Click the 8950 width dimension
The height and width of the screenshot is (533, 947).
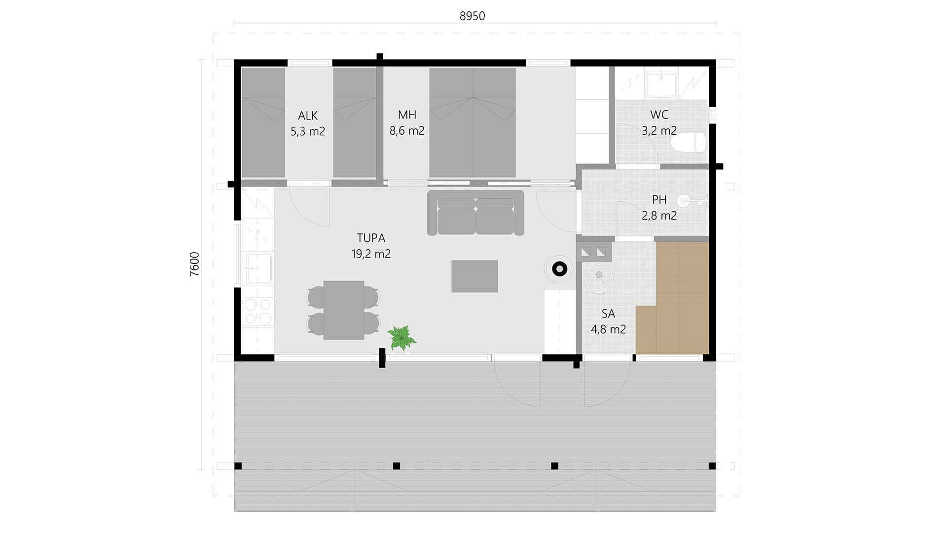[472, 16]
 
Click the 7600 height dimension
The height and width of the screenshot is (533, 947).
[194, 264]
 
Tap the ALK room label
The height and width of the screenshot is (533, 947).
[308, 115]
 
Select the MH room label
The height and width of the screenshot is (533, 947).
[407, 114]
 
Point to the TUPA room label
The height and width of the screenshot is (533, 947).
[371, 238]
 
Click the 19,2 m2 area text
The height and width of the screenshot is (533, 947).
[371, 254]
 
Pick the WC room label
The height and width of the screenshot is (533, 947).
[659, 114]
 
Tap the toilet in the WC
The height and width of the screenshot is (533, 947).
[689, 142]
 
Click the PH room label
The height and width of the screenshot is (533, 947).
[659, 199]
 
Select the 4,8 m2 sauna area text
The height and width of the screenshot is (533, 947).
[608, 329]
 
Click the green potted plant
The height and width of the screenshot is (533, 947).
[401, 338]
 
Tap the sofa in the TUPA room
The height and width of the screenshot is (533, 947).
[475, 213]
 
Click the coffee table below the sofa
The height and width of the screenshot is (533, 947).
[474, 276]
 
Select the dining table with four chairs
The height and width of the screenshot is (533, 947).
[344, 310]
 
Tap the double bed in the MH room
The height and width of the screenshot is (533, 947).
[473, 122]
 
